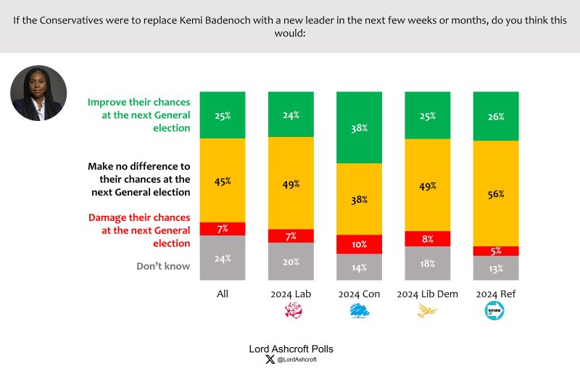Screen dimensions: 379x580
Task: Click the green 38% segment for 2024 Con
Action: coord(359,128)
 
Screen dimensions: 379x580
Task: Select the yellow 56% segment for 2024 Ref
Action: coord(495,193)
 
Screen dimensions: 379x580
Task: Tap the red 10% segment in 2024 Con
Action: coord(359,244)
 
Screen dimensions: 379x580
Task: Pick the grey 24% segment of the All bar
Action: coord(223,257)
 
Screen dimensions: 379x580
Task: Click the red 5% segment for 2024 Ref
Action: coord(495,251)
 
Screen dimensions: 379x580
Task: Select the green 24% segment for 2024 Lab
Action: coord(291,114)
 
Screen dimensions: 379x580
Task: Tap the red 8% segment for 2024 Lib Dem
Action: coord(427,238)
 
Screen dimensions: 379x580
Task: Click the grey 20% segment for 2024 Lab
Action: coord(291,261)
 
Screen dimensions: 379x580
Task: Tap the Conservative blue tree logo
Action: coord(359,312)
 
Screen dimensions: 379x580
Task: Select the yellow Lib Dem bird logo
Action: coord(427,312)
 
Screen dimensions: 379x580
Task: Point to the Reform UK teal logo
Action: coord(495,312)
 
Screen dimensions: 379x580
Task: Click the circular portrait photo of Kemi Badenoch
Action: coord(38,93)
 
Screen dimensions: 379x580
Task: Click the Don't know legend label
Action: coord(163,266)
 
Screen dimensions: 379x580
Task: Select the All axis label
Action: coord(223,293)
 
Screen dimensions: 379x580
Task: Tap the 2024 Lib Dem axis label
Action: coord(427,293)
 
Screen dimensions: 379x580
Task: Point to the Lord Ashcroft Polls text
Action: coord(291,349)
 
